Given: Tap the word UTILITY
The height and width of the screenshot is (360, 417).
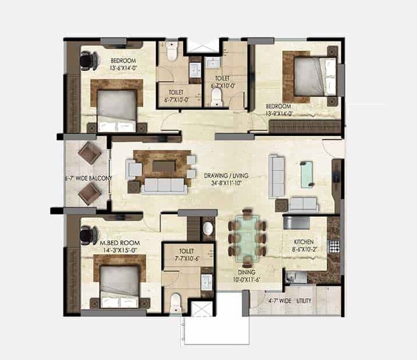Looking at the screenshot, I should pos(304,301).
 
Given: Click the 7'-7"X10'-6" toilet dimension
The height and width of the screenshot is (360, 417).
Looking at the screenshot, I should pos(187,259).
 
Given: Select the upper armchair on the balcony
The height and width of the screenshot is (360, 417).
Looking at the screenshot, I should pos(90,154).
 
